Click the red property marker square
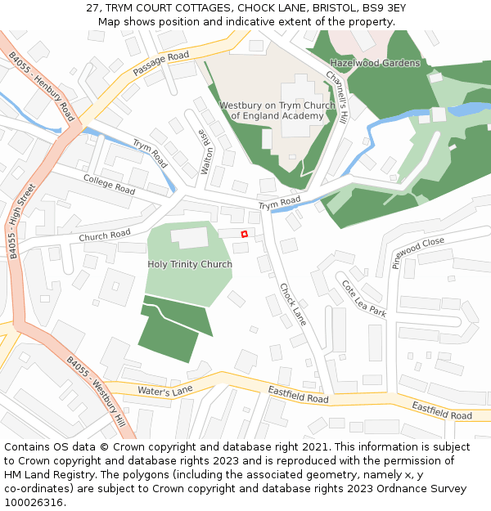244,235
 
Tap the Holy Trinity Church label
190,264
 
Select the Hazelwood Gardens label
375,63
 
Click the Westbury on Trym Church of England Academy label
277,110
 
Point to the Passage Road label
160,64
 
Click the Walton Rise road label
206,152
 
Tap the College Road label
109,184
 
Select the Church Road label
105,235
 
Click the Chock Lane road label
292,304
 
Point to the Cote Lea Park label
363,298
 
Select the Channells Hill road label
336,96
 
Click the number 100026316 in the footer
35,502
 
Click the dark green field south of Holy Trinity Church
173,329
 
